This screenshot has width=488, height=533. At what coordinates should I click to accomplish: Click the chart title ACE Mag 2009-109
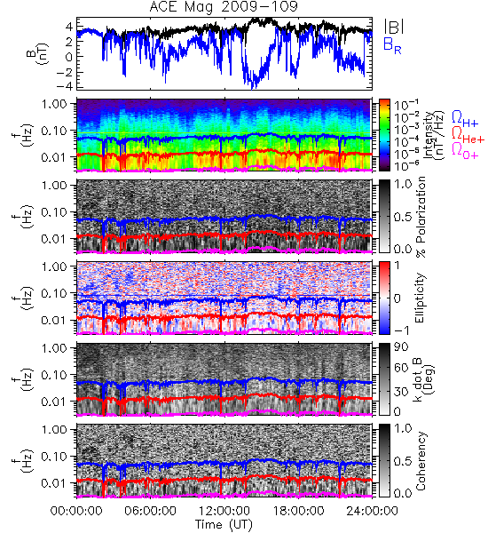coord(224,7)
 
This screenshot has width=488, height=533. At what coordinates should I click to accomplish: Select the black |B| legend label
coord(394,27)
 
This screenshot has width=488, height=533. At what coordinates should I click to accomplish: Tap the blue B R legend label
coord(392,45)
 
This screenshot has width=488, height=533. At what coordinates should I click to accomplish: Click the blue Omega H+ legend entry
coord(465,119)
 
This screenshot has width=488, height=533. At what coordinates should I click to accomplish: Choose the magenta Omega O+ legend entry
coord(465,151)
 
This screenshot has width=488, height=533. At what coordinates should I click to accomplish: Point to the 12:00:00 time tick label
coord(224,511)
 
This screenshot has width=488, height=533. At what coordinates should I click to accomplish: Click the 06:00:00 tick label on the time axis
coord(151,511)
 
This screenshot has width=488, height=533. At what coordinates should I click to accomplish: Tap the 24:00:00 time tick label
coord(372,511)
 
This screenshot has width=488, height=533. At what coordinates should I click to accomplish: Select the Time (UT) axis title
coord(224,525)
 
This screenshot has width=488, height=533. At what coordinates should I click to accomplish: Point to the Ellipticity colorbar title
coord(420,298)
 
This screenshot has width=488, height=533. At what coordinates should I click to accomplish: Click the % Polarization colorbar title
coord(421,217)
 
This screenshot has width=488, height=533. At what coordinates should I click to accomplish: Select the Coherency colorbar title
coord(421,461)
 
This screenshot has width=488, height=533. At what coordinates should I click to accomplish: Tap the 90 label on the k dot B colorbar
coord(401,346)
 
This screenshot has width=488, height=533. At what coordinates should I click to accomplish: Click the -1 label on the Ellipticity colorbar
coord(401,330)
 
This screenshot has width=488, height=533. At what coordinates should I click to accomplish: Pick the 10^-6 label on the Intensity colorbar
coord(405,165)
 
